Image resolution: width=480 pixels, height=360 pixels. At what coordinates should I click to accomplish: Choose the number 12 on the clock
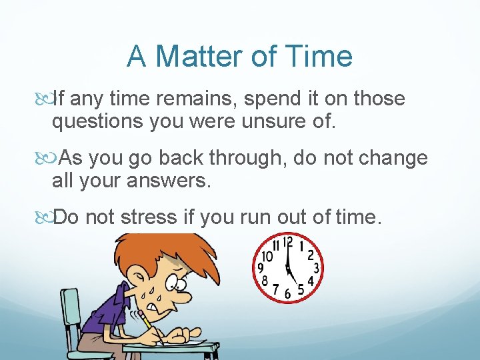click(287, 243)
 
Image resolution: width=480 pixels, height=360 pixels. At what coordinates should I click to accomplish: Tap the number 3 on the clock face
click(316, 268)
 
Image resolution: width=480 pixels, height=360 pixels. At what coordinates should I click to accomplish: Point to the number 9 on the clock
click(261, 269)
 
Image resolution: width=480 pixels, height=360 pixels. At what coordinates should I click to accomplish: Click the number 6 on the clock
click(288, 294)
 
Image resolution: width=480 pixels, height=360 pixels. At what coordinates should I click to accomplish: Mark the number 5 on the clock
click(302, 290)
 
